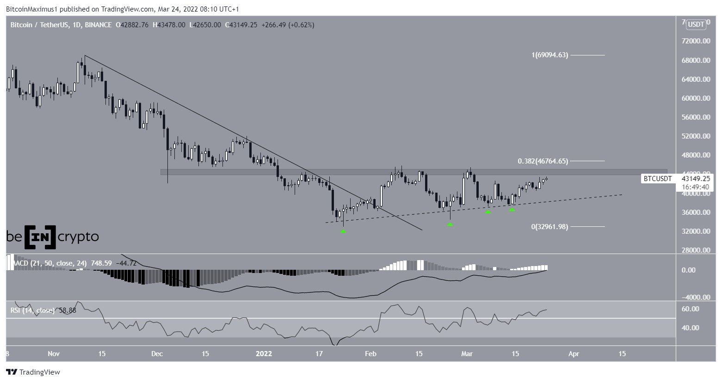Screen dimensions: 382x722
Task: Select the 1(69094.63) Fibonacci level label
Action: tap(549, 55)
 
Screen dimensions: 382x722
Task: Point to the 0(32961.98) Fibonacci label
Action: tap(549, 227)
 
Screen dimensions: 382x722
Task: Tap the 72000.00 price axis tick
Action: tap(696, 41)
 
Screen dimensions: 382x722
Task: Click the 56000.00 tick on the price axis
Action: tap(696, 117)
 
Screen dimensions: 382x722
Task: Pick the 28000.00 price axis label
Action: tap(696, 250)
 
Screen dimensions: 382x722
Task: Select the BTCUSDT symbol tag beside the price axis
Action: tap(658, 178)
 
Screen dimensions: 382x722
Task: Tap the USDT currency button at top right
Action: tap(696, 24)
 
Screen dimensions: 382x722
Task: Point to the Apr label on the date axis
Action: tap(574, 354)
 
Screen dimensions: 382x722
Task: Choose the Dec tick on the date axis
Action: tap(157, 354)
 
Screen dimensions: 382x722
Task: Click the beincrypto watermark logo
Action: tap(52, 237)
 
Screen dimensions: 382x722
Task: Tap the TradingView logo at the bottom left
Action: tap(33, 372)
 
